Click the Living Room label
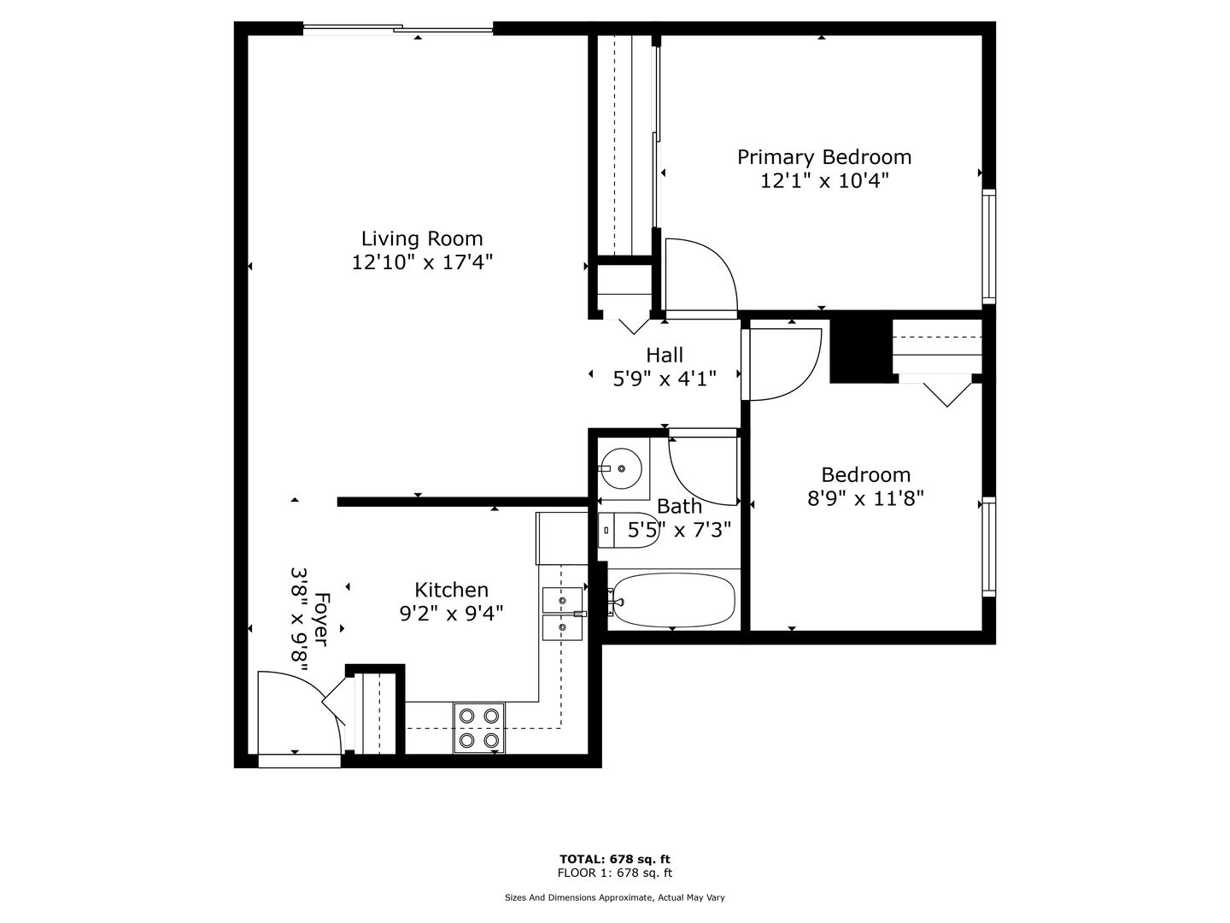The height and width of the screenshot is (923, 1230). (x=422, y=238)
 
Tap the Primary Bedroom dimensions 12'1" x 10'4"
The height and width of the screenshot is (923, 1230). (x=824, y=181)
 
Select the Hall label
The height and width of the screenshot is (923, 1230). (x=665, y=355)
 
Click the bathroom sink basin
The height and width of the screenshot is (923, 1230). (x=620, y=468)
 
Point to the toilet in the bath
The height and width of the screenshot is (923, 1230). (x=627, y=530)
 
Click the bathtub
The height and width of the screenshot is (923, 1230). (x=673, y=600)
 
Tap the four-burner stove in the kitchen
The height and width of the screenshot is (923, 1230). (x=479, y=728)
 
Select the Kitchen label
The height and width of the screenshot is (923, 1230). (x=451, y=590)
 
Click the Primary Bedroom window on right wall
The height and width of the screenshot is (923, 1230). (x=989, y=247)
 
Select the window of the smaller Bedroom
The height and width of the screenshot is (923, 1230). (x=989, y=546)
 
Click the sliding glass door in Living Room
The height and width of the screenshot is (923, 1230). (x=398, y=28)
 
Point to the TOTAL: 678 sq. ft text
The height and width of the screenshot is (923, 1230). (x=615, y=859)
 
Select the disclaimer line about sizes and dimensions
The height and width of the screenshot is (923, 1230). (x=615, y=897)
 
